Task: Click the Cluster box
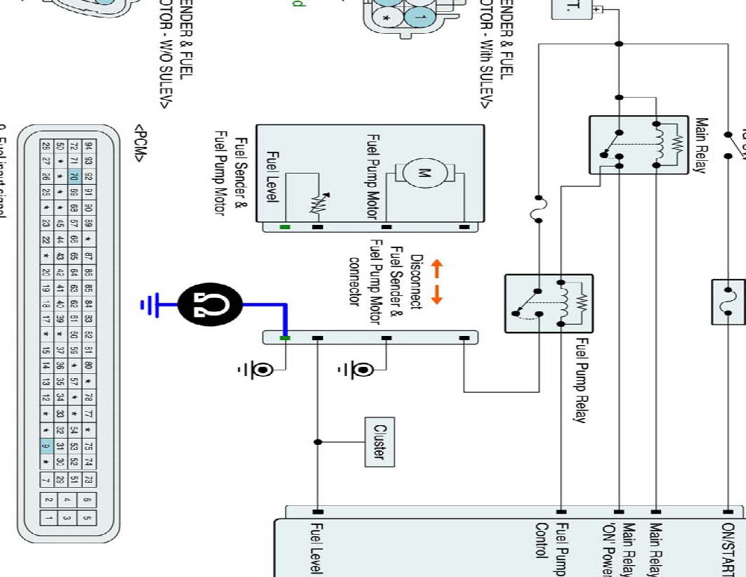coord(379,441)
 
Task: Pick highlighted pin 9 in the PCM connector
coord(46,444)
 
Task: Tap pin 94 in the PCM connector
coord(89,147)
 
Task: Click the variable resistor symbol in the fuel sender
coord(313,203)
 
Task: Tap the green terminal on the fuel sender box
coord(284,227)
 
